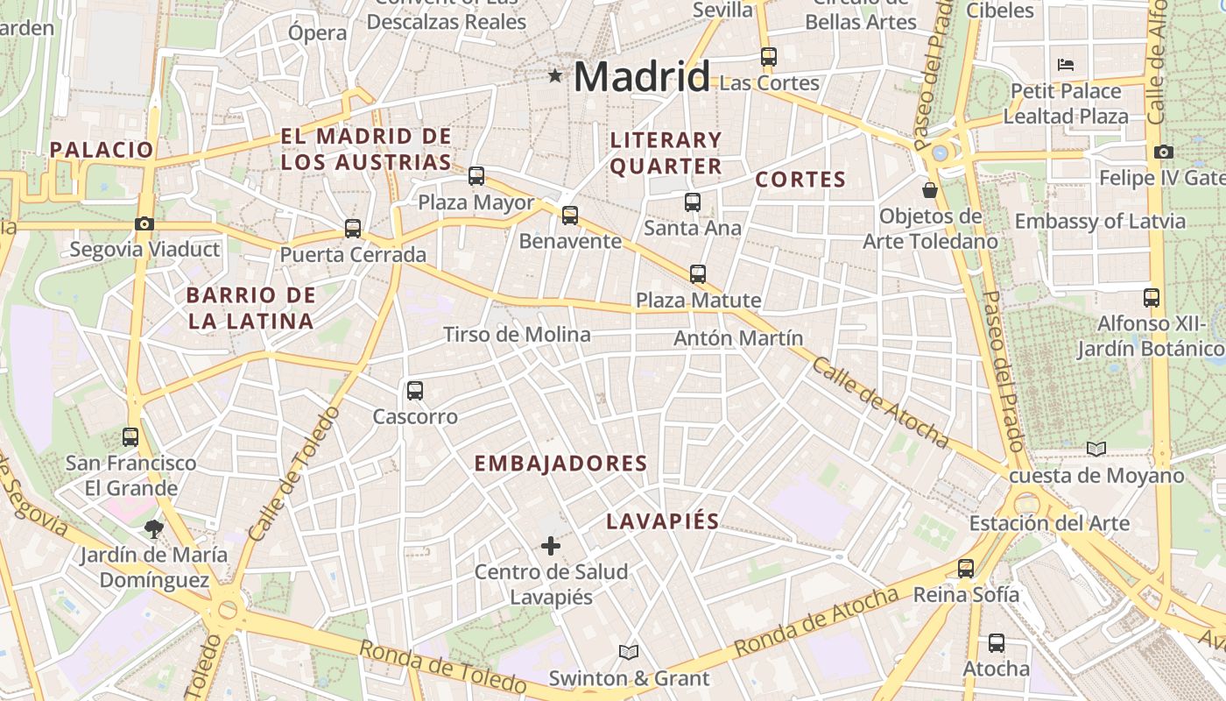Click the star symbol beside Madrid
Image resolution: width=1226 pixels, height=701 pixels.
tap(555, 76)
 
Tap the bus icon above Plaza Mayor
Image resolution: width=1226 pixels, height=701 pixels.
tap(476, 176)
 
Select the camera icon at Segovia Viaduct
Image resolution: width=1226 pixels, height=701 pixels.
tap(144, 223)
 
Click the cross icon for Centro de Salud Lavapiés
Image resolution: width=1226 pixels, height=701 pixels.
tap(551, 547)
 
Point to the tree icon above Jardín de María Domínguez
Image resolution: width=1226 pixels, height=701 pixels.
tap(154, 528)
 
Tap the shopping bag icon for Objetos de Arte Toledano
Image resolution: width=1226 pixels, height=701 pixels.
tap(930, 189)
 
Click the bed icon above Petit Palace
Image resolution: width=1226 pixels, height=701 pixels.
tap(1066, 65)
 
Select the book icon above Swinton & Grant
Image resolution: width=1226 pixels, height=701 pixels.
tap(629, 652)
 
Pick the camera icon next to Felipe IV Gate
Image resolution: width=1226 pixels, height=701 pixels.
tap(1164, 152)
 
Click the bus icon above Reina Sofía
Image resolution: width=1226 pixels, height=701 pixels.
tap(966, 569)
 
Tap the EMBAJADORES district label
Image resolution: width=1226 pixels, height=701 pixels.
tap(560, 464)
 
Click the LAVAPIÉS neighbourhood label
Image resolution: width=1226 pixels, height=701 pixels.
tap(663, 521)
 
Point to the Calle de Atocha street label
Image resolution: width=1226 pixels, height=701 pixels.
tap(880, 402)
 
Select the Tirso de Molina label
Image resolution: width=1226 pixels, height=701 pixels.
tap(517, 335)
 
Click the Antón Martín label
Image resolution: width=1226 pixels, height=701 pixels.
tap(738, 338)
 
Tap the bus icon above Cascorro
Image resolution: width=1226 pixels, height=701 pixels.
tap(415, 391)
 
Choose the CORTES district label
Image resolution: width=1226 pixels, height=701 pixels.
tap(800, 181)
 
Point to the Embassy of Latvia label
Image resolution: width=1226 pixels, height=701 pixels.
tap(1100, 221)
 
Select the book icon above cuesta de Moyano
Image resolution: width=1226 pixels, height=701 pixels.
tap(1096, 449)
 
